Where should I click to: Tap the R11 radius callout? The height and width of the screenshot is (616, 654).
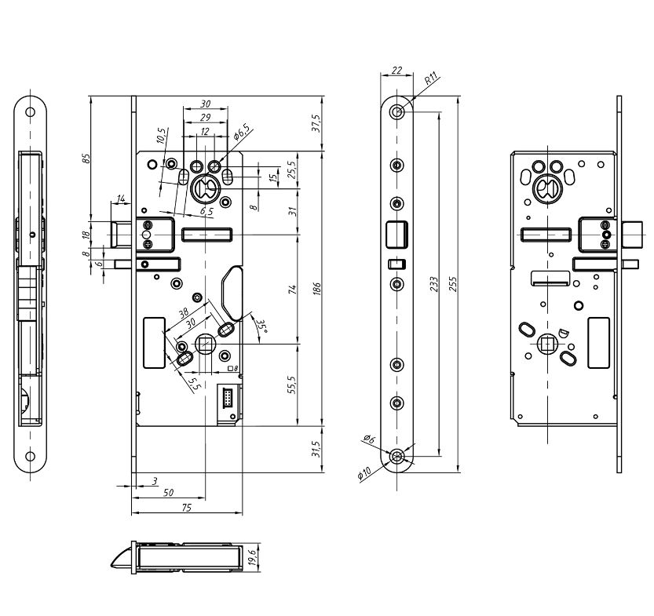point(430,79)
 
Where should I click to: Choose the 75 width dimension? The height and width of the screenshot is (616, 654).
point(186,508)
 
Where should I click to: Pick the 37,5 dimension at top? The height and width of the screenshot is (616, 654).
point(316,123)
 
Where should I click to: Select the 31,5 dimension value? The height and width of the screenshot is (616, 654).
point(316,450)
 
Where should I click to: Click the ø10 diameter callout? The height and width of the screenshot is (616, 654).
point(365,474)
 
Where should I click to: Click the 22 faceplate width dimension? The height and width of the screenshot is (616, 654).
point(396,71)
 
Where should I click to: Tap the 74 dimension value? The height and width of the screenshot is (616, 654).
point(291,290)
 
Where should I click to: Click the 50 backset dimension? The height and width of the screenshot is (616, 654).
point(168,493)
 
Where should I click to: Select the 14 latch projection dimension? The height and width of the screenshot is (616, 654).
point(121,199)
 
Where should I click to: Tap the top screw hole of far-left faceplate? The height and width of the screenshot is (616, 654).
point(30,111)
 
